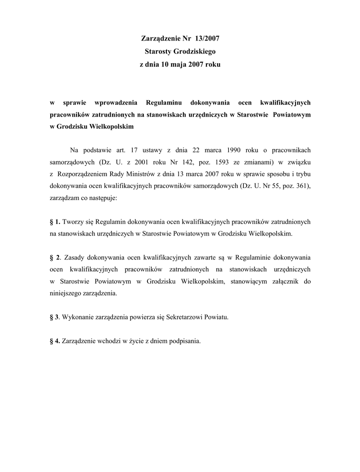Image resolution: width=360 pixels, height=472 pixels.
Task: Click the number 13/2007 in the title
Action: [x=207, y=38]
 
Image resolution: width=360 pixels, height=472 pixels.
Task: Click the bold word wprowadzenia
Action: [x=113, y=102]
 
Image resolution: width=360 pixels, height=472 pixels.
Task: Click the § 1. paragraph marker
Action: [x=54, y=222]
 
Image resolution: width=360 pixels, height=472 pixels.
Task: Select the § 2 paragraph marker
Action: [x=54, y=257]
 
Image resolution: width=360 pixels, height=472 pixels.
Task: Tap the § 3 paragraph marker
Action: [x=54, y=317]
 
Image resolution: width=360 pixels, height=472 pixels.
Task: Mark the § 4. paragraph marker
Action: [x=54, y=342]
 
